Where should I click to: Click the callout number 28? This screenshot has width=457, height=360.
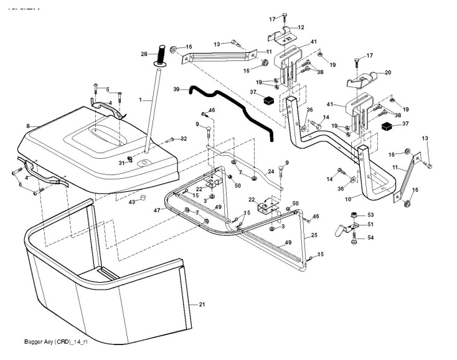click(144, 55)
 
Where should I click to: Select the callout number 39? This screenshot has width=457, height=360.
click(176, 90)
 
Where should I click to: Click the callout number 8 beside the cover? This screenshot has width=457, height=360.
click(28, 126)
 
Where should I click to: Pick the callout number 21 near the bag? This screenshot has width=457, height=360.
click(201, 305)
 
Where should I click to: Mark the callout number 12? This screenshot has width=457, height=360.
click(301, 27)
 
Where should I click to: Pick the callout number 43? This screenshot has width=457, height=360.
click(131, 202)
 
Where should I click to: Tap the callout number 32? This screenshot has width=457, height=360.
click(184, 138)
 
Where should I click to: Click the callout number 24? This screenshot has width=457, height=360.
click(271, 171)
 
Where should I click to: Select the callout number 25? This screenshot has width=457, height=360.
click(314, 235)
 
